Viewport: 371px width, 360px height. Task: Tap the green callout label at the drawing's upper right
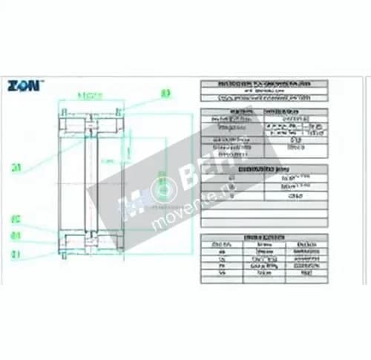pos(165,94)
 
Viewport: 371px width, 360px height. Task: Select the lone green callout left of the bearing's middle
pos(16,167)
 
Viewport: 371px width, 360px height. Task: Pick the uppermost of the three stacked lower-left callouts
pos(16,220)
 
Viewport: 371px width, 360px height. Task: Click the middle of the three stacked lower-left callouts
pos(16,236)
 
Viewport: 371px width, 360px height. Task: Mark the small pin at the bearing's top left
pos(65,113)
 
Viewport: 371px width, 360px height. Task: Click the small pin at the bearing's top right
pos(118,113)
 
